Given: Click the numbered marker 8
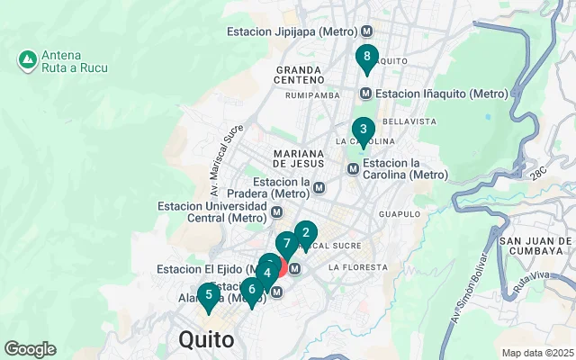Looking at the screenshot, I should coord(365,58).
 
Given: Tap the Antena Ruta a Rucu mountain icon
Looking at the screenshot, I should coord(27,60).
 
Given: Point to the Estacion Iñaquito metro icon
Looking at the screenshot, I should coord(366,94).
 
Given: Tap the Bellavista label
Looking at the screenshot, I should coord(409,121).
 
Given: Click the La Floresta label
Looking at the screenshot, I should coord(357,267).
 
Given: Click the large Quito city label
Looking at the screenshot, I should coord(206,340).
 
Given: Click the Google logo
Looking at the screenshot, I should coord(30,349).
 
